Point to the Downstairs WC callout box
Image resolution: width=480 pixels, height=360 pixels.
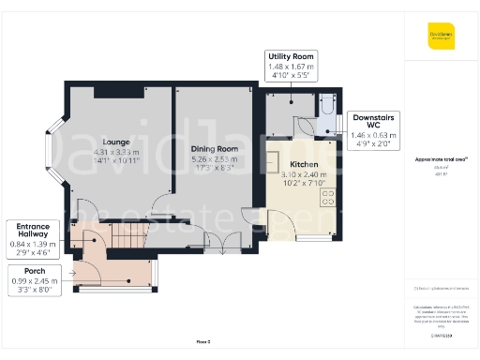(x=372, y=130)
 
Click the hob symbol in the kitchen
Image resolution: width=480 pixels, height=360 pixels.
(x=328, y=198)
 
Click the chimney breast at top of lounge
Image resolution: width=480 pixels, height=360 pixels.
(x=112, y=92)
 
